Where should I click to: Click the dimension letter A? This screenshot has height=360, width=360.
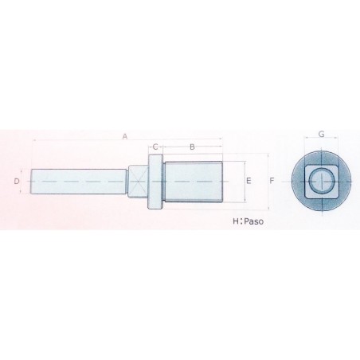pos(125,136)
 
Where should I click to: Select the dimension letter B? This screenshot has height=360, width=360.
pos(191,147)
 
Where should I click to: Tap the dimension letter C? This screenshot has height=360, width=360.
pos(156,147)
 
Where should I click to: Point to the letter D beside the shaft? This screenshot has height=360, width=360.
pos(17,182)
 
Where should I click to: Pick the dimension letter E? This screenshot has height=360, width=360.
pos(249,182)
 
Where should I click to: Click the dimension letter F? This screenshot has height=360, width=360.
pos(272,182)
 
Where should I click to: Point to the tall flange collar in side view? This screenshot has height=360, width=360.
pos(156,182)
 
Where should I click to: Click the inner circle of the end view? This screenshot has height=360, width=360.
pos(321,182)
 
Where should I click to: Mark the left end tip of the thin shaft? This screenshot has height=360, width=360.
pos(32,182)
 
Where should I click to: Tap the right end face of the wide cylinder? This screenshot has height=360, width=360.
pos(221,182)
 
